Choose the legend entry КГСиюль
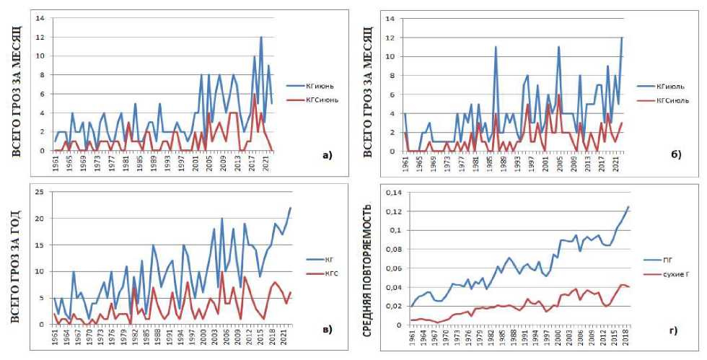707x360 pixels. pyautogui.click(x=665, y=100)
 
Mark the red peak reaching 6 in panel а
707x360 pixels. pyautogui.click(x=255, y=95)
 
